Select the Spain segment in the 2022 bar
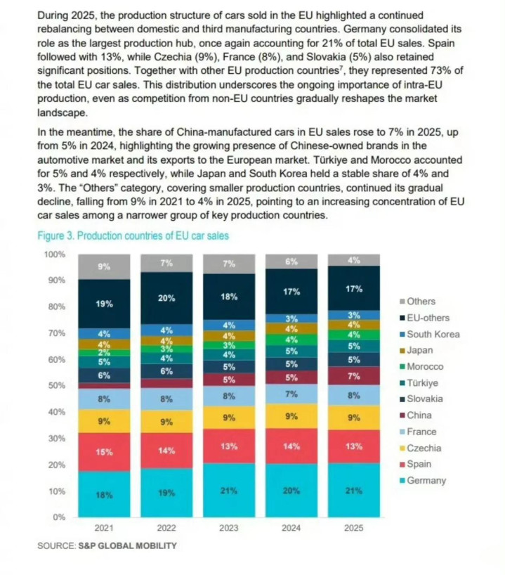click(x=166, y=451)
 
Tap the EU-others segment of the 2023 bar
click(x=229, y=296)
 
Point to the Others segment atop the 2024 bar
click(x=291, y=261)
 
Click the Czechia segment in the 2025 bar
click(x=353, y=416)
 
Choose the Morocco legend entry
click(x=429, y=366)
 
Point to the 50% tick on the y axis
click(x=56, y=385)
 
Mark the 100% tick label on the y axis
click(x=54, y=254)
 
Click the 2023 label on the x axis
click(x=229, y=529)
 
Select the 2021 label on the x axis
click(x=104, y=529)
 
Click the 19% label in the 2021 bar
click(x=104, y=304)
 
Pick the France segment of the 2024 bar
click(x=291, y=394)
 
